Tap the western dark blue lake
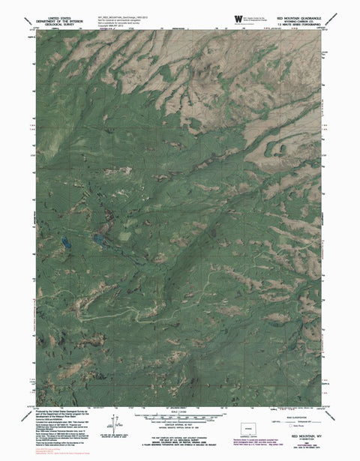66,242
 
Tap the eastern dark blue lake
98,240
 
